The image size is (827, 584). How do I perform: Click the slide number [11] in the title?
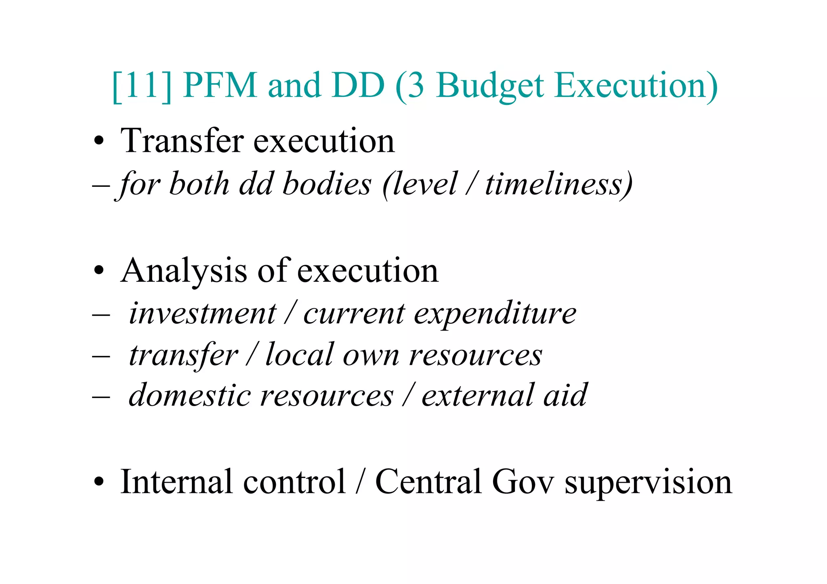click(x=141, y=86)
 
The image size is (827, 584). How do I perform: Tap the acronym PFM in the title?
click(x=220, y=86)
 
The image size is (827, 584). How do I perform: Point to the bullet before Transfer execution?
click(x=99, y=142)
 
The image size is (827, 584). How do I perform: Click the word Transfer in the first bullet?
click(x=182, y=141)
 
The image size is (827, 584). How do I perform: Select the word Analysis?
click(x=184, y=271)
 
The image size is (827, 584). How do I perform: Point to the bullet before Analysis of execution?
click(x=99, y=271)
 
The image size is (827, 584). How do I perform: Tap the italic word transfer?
click(x=183, y=355)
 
